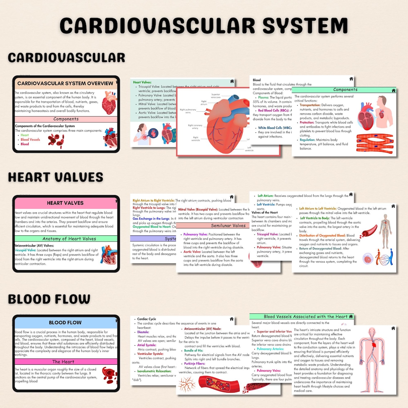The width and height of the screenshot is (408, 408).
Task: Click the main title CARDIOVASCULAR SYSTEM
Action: (204, 26)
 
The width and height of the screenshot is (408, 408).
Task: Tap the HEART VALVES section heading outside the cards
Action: (55, 177)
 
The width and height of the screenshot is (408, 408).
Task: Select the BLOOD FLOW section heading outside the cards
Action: (49, 299)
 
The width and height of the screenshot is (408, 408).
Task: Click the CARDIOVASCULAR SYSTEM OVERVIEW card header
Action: (65, 83)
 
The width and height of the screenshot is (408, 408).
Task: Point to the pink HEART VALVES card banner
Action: (65, 203)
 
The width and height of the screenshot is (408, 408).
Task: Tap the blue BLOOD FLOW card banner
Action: (65, 322)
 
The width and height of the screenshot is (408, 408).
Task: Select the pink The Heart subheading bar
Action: (63, 362)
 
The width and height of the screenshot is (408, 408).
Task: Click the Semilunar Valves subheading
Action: (228, 226)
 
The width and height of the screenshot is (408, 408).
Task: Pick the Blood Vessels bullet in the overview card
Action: (30, 140)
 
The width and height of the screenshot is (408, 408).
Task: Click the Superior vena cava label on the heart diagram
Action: (215, 96)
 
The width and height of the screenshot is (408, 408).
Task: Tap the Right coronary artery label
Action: (195, 127)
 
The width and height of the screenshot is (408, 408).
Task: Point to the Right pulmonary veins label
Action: (188, 111)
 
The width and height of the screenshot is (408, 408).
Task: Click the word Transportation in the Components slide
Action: (310, 105)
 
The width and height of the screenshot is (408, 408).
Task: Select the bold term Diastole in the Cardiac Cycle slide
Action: (143, 332)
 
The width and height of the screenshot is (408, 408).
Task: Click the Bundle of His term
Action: (194, 350)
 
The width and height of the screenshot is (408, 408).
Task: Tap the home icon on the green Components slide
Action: (393, 90)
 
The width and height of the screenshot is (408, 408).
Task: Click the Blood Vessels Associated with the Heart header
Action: (305, 316)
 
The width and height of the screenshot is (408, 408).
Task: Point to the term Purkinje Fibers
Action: (195, 364)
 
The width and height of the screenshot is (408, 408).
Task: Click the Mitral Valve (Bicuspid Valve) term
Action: (198, 209)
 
